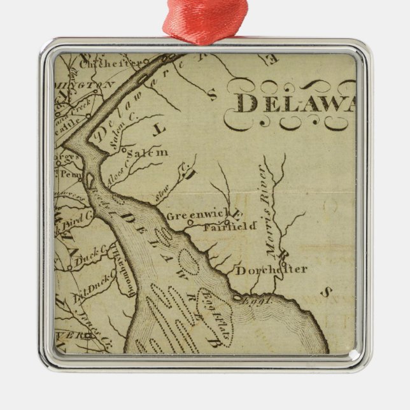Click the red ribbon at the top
204,19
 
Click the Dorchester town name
271,269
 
